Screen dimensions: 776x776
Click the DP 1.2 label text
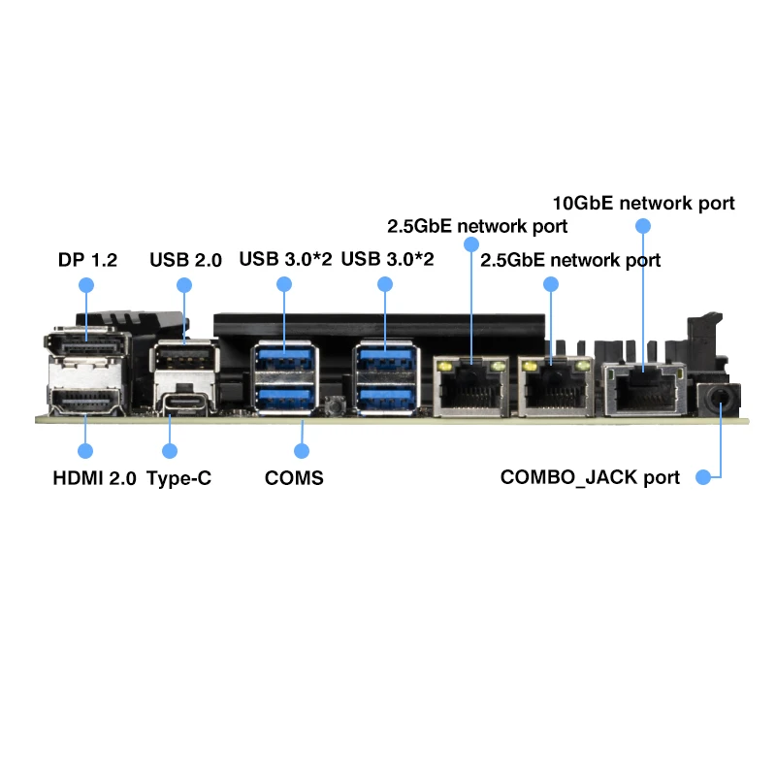87,260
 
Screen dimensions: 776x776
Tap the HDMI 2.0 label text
94,478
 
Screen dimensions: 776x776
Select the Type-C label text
179,478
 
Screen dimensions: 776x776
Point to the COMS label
294,478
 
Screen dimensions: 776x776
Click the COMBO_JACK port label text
590,477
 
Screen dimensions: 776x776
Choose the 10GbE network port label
643,204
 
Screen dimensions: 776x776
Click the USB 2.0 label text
185,260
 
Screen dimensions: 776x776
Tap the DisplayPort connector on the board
87,342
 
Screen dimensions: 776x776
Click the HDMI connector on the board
85,401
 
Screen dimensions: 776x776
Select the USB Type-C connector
184,401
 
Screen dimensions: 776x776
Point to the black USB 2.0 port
184,355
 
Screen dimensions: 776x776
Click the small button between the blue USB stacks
336,405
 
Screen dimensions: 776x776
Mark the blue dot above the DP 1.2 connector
86,285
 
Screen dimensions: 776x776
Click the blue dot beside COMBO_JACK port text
703,477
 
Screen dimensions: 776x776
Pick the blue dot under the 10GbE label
643,226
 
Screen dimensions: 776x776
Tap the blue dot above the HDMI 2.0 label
85,451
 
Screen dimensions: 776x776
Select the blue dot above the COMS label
302,451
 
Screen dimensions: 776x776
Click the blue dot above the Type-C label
169,451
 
